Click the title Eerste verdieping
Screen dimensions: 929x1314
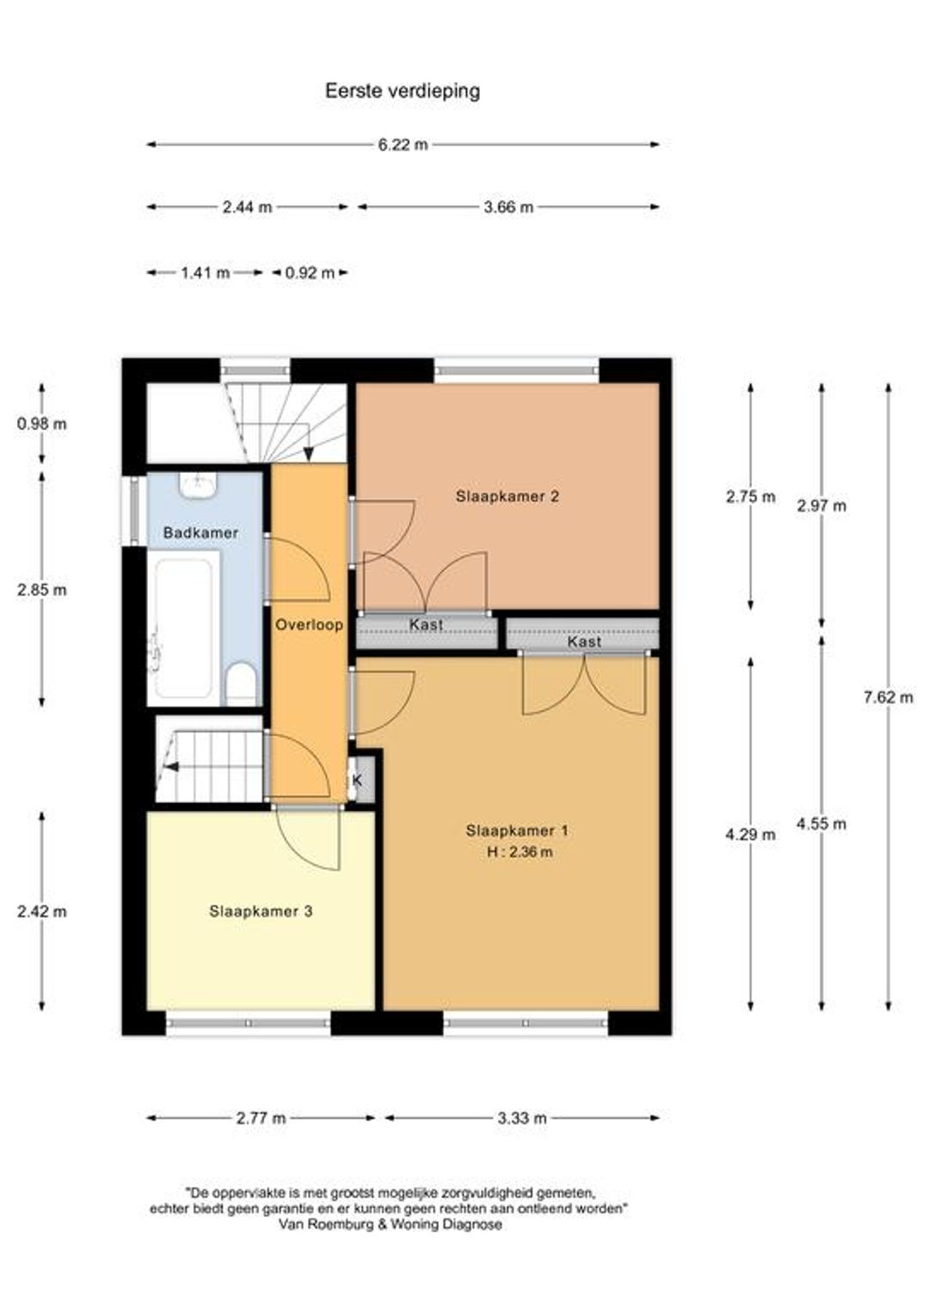coord(403,91)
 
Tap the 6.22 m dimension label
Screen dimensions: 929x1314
coord(403,144)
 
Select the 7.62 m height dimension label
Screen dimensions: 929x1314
coord(889,697)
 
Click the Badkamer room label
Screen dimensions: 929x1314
coord(200,532)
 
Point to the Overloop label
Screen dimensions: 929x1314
coord(310,624)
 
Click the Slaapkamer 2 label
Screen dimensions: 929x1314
coord(508,496)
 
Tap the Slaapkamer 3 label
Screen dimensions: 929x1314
coord(261,911)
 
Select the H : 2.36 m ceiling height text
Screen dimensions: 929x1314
coord(520,851)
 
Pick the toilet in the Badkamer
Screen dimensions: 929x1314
coord(241,684)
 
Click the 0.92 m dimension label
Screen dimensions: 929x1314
coord(310,273)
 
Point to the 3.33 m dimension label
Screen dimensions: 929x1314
coord(522,1118)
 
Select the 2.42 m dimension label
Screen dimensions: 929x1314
coord(42,912)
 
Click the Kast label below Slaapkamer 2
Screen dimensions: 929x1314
coord(426,624)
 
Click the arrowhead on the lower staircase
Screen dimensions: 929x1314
coord(172,766)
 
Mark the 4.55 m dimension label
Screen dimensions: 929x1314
coord(821,824)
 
